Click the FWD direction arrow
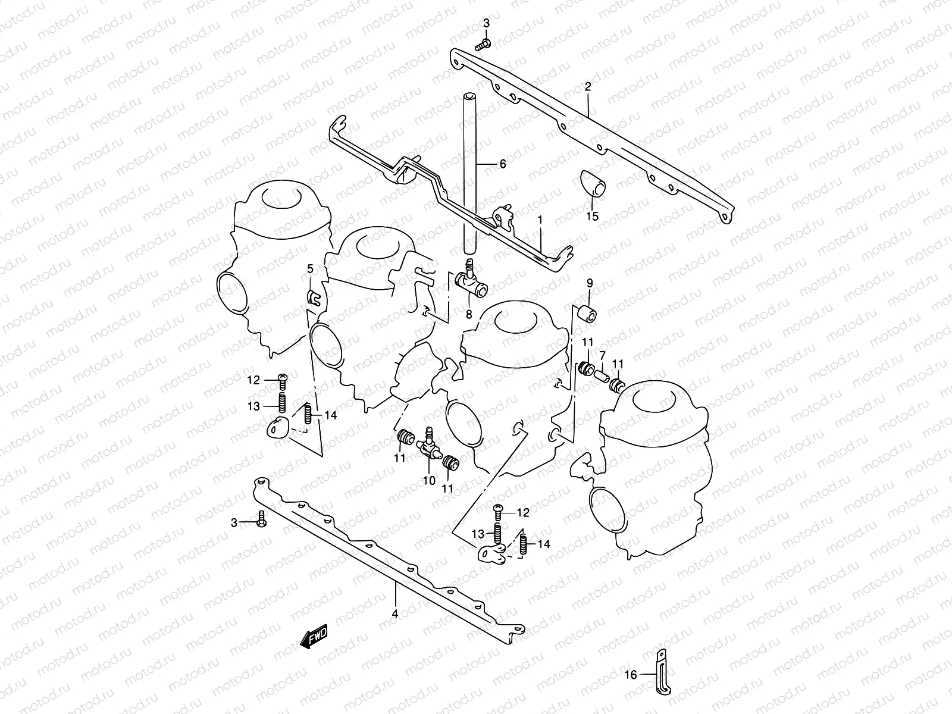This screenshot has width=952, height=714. [x=314, y=638]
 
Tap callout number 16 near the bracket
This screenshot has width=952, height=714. [x=631, y=674]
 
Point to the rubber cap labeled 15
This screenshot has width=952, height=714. [x=592, y=181]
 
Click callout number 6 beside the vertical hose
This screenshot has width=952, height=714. [x=502, y=164]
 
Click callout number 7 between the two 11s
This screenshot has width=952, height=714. [x=602, y=355]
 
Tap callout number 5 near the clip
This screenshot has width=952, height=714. [x=310, y=269]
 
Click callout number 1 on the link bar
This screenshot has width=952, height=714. [x=540, y=220]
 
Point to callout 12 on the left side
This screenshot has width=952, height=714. [x=254, y=380]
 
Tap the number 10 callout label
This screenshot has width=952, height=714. [x=429, y=481]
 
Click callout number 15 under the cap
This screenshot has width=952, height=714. [x=592, y=217]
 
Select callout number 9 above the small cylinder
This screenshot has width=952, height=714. [x=590, y=283]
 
